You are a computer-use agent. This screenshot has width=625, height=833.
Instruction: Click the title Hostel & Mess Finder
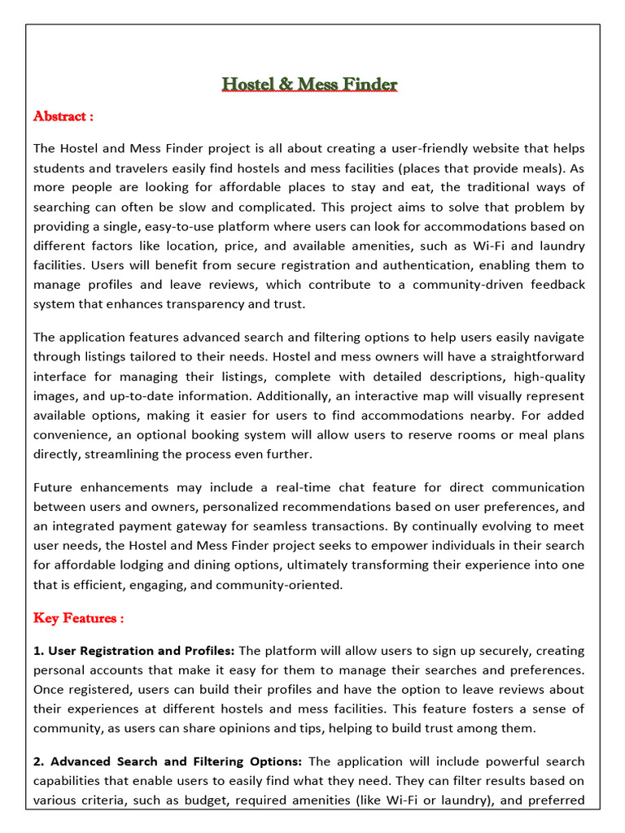tap(310, 85)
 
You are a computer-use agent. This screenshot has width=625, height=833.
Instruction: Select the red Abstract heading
tap(63, 116)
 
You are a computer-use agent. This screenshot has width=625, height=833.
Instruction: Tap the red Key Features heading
tap(78, 618)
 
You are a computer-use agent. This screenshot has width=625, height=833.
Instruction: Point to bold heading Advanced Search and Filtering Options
tap(176, 761)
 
